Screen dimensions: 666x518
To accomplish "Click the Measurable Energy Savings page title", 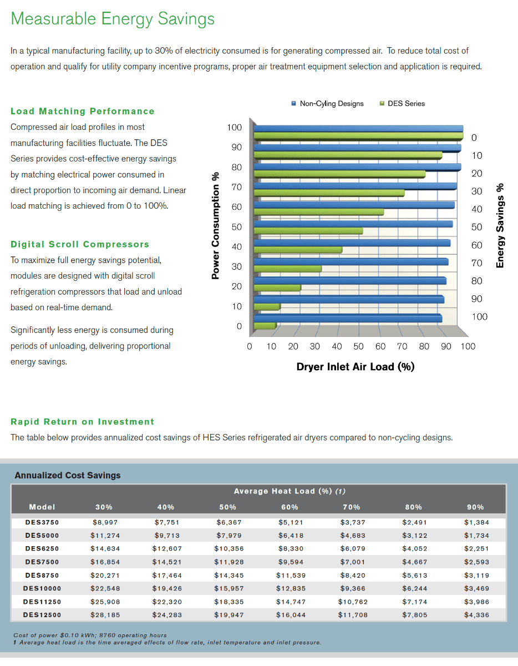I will [113, 19].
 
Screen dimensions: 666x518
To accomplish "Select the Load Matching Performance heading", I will [83, 112].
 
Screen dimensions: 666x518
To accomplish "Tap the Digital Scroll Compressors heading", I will [80, 245].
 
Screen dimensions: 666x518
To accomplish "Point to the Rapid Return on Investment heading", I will [83, 422].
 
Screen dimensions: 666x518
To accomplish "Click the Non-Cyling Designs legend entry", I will [328, 103].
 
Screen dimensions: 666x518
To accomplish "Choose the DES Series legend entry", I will [403, 103].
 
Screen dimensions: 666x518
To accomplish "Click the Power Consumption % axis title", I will [215, 226].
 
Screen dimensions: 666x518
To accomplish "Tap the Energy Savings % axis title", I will [501, 226].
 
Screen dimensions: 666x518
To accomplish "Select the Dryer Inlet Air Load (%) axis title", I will [356, 367].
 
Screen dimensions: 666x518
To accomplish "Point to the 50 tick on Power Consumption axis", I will [236, 227].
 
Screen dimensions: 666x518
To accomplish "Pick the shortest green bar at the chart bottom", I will [265, 325].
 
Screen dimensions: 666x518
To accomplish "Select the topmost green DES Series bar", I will [358, 136].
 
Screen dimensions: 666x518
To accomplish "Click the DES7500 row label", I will [42, 562].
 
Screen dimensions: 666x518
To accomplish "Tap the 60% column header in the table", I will [290, 507].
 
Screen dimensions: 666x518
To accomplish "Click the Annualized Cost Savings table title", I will [68, 476].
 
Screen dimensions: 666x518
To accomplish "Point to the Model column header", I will [42, 507].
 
